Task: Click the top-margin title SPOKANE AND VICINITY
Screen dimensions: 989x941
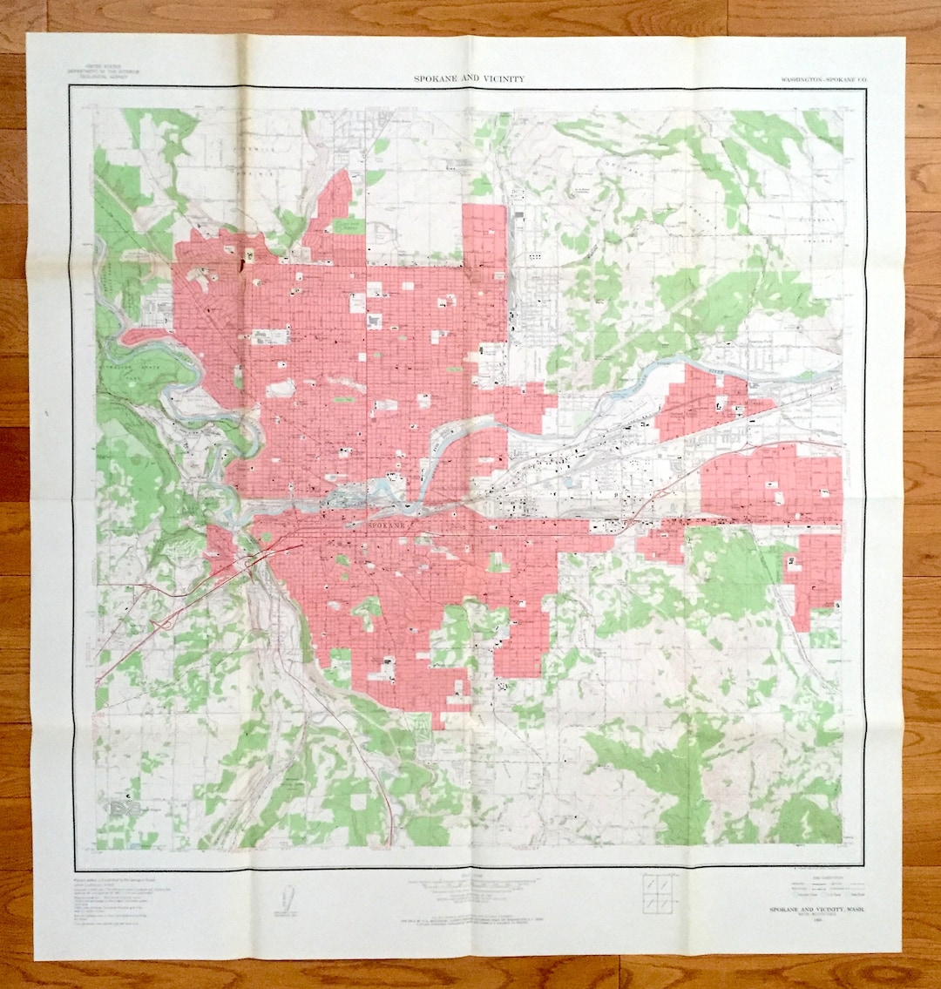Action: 469,78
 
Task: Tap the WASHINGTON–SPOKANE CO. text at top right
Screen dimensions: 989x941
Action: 824,79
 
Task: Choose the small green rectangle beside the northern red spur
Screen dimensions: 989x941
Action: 345,226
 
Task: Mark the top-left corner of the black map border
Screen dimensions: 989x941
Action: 70,88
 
